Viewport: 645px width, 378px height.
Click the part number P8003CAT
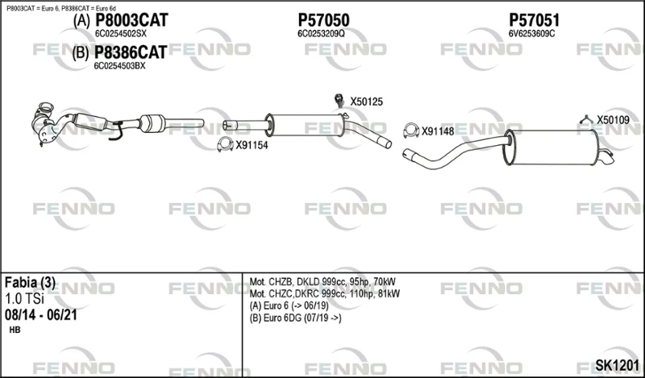point(131,20)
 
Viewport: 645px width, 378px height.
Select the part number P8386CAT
point(131,52)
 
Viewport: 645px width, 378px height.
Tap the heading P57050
point(324,20)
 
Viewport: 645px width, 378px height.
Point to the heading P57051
point(535,20)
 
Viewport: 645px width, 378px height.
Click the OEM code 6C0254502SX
point(120,34)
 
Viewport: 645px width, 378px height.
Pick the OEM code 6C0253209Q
point(321,34)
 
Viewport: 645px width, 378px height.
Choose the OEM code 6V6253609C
point(532,34)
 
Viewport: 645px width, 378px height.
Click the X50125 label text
point(367,102)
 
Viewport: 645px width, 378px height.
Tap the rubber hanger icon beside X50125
point(339,100)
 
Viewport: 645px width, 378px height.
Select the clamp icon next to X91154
point(225,144)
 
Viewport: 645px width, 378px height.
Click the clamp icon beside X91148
point(411,131)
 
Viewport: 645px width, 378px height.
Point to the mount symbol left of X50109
point(586,119)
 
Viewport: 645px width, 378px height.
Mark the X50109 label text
point(614,120)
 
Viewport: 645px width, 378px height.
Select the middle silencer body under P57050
point(306,125)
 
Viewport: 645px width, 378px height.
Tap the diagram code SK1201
point(618,365)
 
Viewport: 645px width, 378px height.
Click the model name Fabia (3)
point(30,283)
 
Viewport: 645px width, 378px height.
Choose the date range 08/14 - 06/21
point(41,315)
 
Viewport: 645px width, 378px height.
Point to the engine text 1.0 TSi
point(24,299)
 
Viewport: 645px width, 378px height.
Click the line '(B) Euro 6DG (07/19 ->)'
point(295,318)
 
